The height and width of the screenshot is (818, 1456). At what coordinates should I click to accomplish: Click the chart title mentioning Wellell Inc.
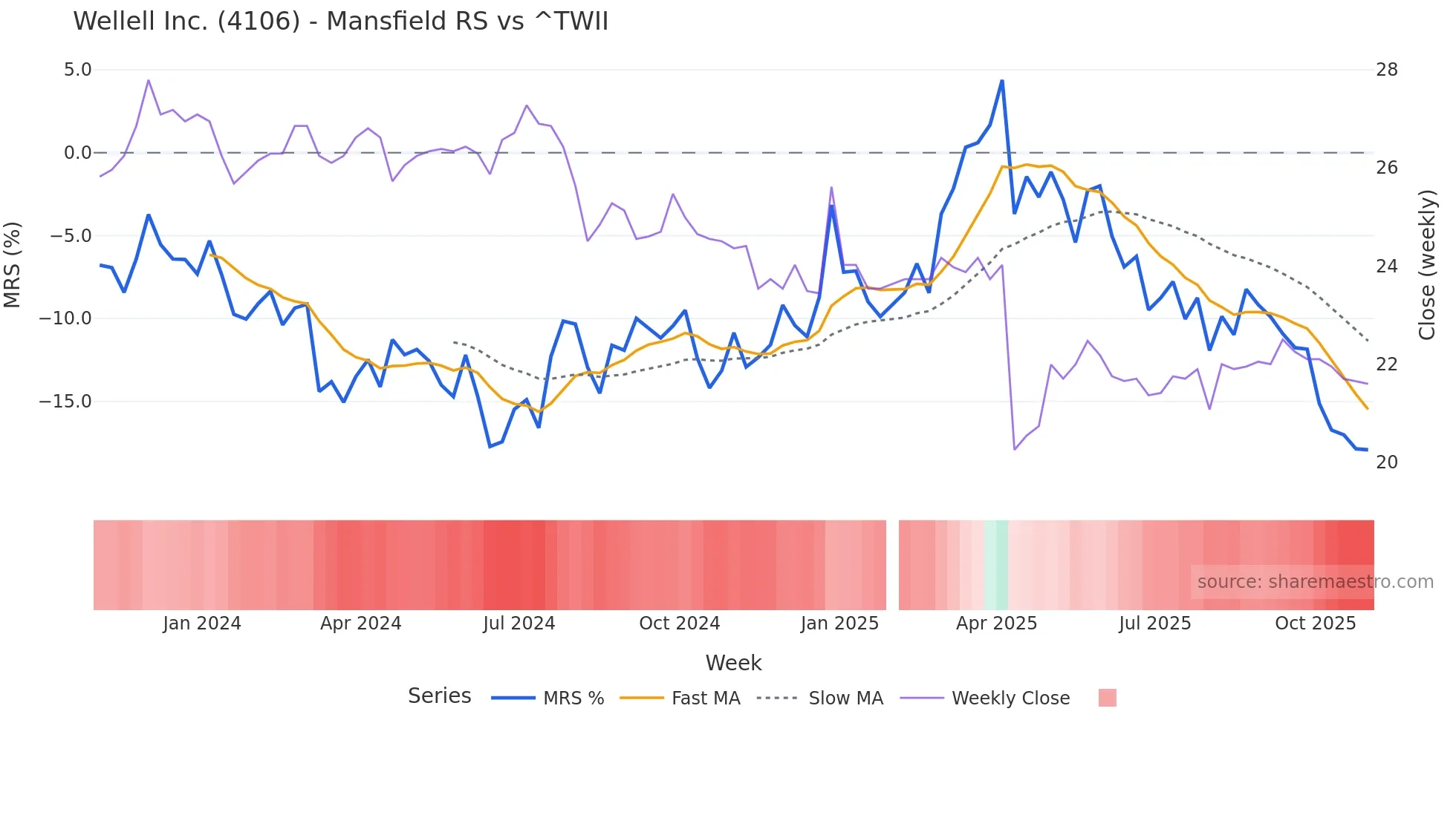[340, 21]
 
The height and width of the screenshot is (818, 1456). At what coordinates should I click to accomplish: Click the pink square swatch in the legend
[1107, 698]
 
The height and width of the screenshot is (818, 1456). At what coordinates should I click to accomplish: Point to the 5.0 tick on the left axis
[77, 70]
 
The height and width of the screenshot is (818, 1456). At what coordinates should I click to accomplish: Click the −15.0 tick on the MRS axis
[65, 402]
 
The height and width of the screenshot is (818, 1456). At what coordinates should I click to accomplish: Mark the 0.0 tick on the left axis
[77, 153]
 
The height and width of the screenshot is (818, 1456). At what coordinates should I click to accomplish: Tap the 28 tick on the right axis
[1386, 70]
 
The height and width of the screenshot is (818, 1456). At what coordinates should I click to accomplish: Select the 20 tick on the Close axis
[1386, 462]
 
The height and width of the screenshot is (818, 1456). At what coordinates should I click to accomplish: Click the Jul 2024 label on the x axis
[519, 624]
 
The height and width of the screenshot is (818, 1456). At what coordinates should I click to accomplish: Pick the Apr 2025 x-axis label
[996, 624]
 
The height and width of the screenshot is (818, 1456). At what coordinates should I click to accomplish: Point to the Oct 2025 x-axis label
[1315, 624]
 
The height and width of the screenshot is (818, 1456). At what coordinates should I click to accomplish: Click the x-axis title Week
[733, 663]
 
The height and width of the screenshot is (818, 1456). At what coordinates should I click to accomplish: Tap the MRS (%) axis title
[13, 264]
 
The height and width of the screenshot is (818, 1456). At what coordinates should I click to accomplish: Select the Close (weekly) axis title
[1426, 264]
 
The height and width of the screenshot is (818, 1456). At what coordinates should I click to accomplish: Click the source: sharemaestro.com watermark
[1315, 582]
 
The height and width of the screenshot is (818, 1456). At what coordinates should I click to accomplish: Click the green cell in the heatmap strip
[996, 565]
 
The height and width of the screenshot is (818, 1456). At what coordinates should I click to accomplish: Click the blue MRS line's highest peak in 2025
[1002, 81]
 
